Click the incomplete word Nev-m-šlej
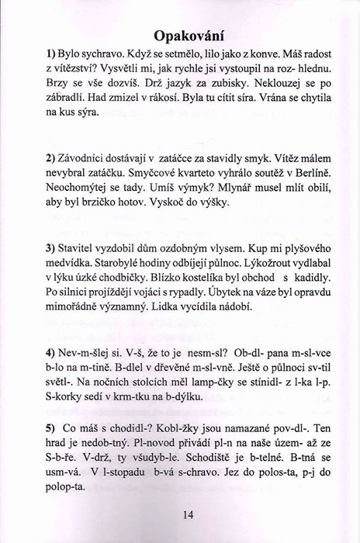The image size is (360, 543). point(88,351)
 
